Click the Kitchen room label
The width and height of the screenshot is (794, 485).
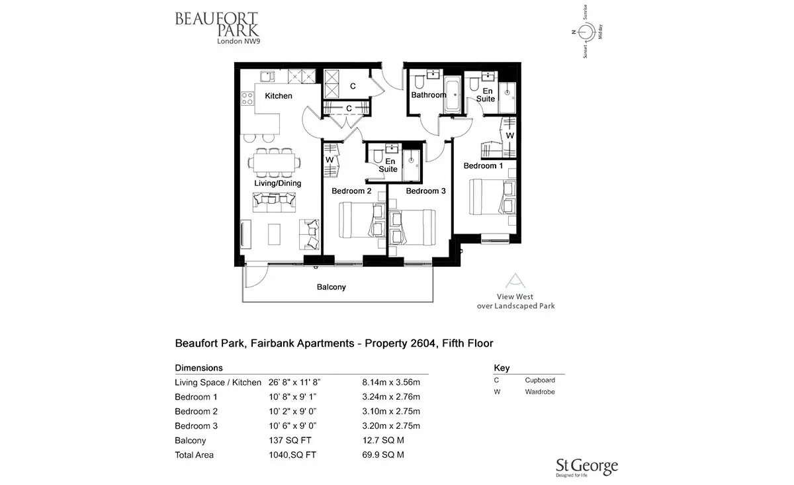click(x=279, y=96)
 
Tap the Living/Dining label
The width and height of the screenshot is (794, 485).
click(x=277, y=183)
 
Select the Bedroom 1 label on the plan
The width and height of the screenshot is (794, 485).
click(x=483, y=165)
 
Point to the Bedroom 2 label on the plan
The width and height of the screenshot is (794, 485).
click(x=351, y=191)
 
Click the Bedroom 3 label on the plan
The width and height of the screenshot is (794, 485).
click(x=425, y=191)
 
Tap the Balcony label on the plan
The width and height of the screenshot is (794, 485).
click(x=331, y=287)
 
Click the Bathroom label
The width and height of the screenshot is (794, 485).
click(x=429, y=95)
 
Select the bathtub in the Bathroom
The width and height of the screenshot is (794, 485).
click(x=453, y=95)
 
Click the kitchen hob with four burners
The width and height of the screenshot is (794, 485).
click(x=247, y=99)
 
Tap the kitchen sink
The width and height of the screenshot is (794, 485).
click(x=267, y=76)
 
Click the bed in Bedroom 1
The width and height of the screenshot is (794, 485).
click(x=492, y=197)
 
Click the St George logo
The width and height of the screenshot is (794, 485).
click(x=587, y=468)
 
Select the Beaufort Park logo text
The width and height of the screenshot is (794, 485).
click(x=217, y=28)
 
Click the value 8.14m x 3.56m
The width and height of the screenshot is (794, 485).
click(x=391, y=382)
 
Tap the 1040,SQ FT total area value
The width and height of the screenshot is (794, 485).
click(x=292, y=455)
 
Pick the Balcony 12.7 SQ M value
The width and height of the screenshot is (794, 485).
click(x=383, y=440)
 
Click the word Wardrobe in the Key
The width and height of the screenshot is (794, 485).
click(x=540, y=392)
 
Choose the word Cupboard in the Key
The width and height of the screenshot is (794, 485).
click(x=540, y=380)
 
